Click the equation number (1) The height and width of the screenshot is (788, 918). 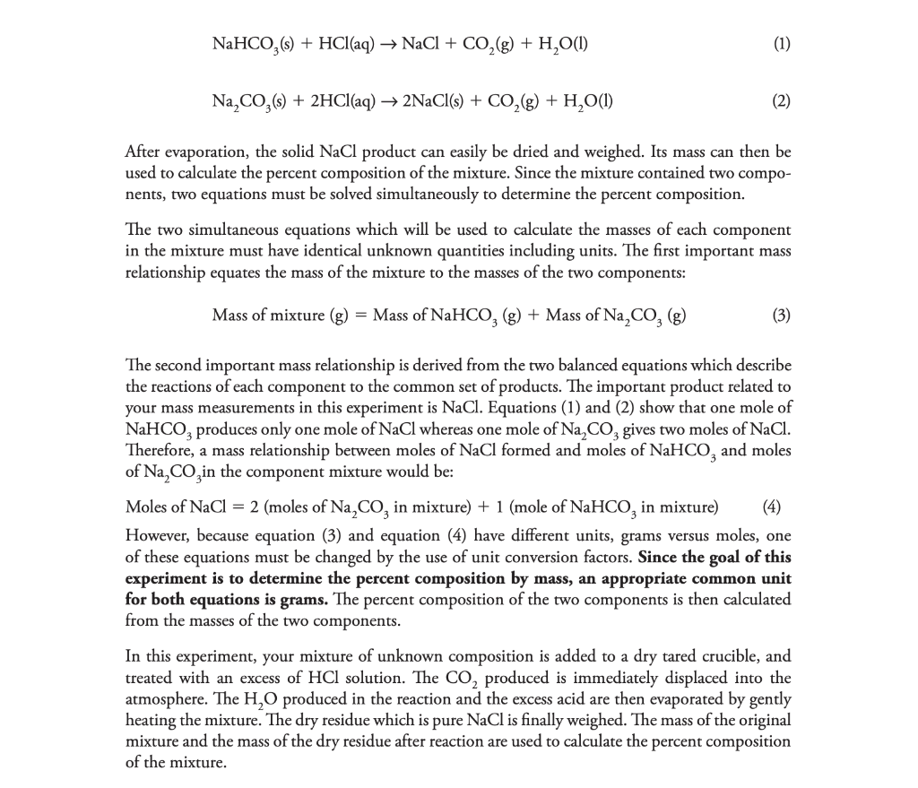780,44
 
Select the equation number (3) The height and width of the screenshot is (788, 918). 780,315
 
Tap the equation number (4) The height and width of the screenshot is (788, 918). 771,507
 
